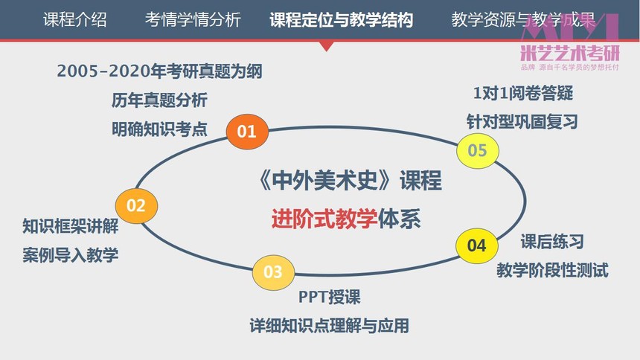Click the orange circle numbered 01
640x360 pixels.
coord(247,132)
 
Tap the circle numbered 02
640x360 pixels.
coord(136,206)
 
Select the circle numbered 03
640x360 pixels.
coord(273,272)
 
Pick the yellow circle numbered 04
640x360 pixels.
coord(477,245)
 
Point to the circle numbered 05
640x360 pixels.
coord(477,150)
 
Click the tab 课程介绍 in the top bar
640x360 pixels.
coord(75,19)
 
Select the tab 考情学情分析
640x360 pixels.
coord(193,19)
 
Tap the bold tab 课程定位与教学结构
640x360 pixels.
coord(342,19)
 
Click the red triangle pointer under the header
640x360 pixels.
coord(326,45)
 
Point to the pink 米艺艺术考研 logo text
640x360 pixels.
coord(570,53)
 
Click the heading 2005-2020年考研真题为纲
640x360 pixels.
coord(159,71)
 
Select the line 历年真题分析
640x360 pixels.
coord(159,100)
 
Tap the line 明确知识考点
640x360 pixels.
coord(159,129)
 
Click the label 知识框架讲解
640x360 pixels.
coord(71,226)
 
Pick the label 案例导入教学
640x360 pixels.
coord(71,255)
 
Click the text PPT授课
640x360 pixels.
coord(330,297)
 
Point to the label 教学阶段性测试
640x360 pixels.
coord(553,270)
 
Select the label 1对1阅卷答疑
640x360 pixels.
coord(523,94)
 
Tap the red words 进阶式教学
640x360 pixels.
coord(324,219)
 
